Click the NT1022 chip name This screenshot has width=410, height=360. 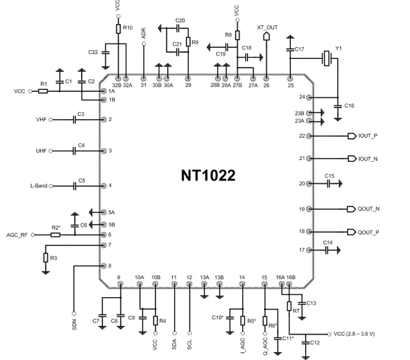(208, 175)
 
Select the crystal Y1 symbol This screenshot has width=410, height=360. (326, 58)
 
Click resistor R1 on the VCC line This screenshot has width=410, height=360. (43, 91)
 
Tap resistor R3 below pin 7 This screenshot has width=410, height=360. (46, 258)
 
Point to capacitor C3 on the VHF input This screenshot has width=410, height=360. (74, 120)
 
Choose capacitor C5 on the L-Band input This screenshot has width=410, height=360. (74, 186)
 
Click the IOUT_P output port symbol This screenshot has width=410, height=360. (352, 136)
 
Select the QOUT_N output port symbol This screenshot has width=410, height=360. (351, 209)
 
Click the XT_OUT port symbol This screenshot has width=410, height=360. (266, 36)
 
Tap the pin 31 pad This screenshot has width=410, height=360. (143, 78)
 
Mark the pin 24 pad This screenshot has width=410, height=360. (309, 98)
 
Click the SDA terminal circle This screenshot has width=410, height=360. (174, 333)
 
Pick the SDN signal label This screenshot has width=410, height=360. (74, 324)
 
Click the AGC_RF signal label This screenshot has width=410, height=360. (17, 235)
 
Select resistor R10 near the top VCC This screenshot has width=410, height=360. (119, 28)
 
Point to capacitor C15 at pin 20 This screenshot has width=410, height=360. (328, 184)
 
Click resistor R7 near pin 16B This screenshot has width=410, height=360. (289, 306)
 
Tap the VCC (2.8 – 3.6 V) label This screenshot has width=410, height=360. (354, 334)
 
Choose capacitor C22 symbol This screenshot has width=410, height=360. (106, 52)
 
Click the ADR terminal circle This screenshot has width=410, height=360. (144, 43)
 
